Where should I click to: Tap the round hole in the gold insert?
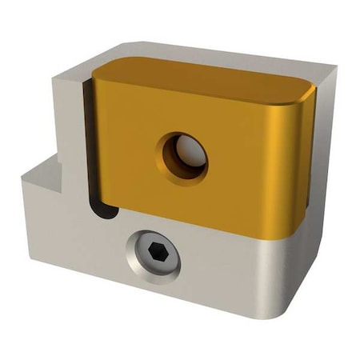[x=182, y=157]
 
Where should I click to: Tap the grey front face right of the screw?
[x=232, y=276]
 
